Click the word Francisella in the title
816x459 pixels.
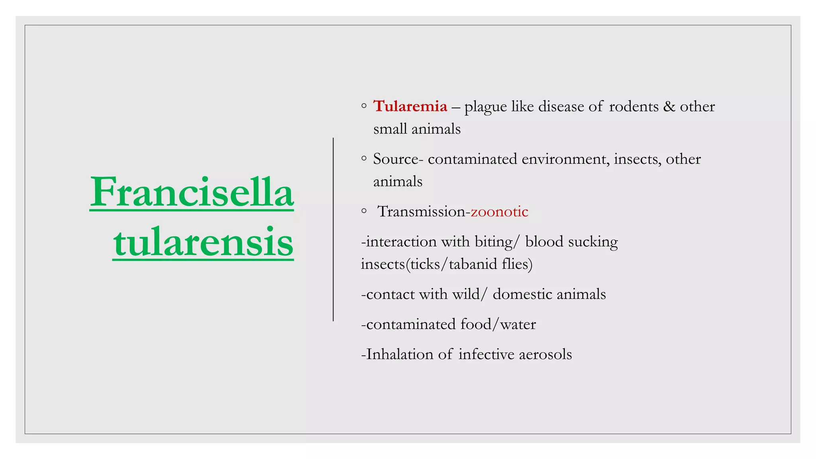(192, 192)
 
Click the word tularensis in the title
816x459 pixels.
(203, 242)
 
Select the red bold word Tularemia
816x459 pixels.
(410, 106)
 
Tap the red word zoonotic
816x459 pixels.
(499, 212)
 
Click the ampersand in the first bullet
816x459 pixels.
(669, 106)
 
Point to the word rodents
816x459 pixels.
(634, 106)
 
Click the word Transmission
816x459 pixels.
(421, 212)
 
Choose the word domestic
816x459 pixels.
(522, 294)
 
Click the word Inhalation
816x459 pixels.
(400, 354)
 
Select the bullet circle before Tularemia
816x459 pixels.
(364, 106)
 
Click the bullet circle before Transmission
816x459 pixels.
(364, 211)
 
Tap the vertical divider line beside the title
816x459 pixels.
(333, 229)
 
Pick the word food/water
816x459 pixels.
(498, 324)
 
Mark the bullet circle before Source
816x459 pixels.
(364, 159)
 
